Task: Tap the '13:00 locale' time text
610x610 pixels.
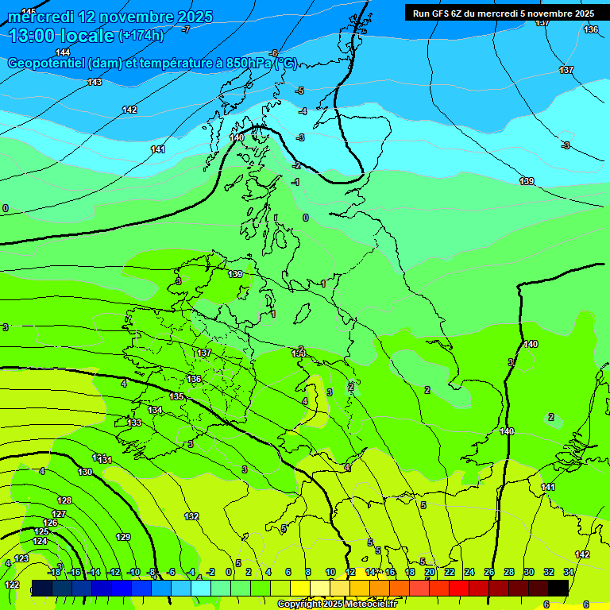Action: [61, 35]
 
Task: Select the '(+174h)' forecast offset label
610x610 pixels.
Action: [141, 35]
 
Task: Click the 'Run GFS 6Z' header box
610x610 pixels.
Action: [504, 13]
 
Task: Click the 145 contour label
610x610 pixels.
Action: [29, 11]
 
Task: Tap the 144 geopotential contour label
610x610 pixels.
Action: [64, 52]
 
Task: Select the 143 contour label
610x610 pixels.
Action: [95, 82]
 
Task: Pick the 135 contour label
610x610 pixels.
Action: [176, 396]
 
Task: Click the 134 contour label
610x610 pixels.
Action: [155, 410]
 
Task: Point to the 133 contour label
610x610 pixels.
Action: [135, 423]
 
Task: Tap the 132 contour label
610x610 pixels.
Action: [191, 516]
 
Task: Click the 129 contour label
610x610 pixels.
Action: [123, 537]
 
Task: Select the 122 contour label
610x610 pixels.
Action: [12, 585]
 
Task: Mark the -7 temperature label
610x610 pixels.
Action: [186, 29]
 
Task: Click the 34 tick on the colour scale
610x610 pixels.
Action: [569, 572]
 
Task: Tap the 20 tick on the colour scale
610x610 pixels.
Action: [430, 572]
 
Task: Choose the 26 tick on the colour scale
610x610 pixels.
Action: [488, 572]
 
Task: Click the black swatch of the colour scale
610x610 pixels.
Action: [558, 588]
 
